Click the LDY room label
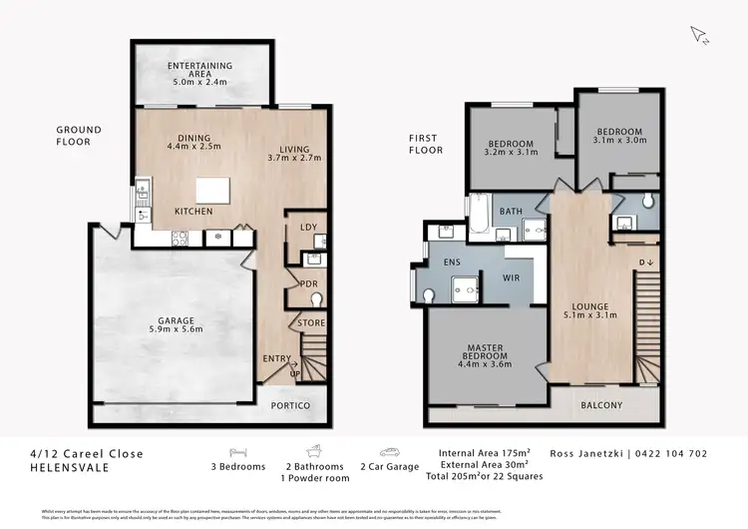[x=308, y=228]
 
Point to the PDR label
[x=308, y=284]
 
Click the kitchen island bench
[x=212, y=191]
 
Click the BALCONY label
[x=601, y=405]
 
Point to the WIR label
[x=511, y=276]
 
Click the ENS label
[x=450, y=262]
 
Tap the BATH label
[x=511, y=211]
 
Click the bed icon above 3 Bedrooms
[x=238, y=451]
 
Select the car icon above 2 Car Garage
[x=389, y=451]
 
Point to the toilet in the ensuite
[x=430, y=295]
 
